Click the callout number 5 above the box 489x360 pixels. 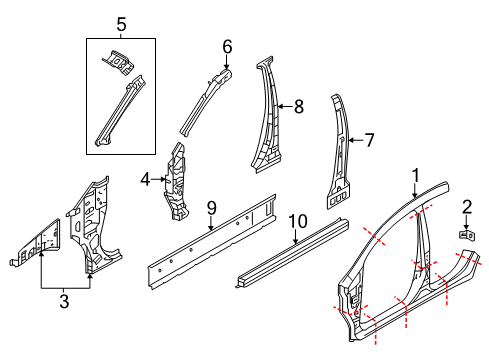pyautogui.click(x=121, y=23)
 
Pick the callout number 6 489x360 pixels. pyautogui.click(x=227, y=46)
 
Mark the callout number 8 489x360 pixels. pyautogui.click(x=297, y=103)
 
